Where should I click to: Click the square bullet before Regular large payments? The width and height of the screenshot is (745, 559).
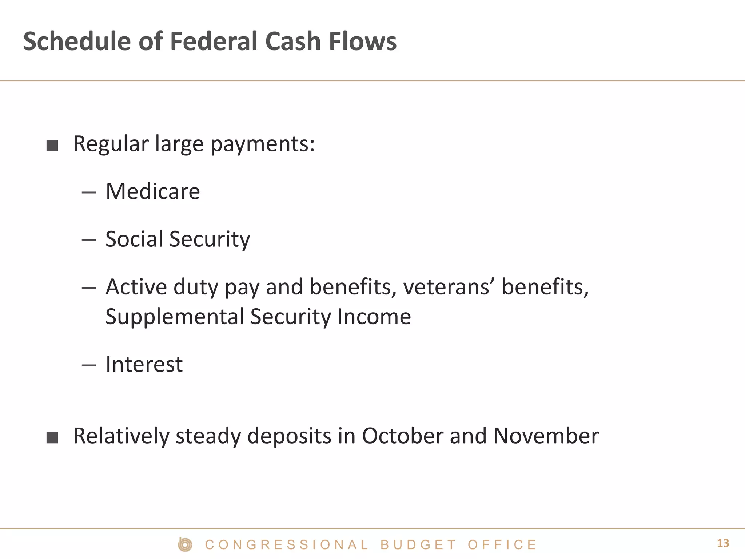pos(52,146)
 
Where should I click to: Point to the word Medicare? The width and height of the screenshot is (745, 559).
pos(153,191)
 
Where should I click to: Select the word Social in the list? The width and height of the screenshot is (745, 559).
pos(134,239)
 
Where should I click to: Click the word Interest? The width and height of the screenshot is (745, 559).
pos(144,364)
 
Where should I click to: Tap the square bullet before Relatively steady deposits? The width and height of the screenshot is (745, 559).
pos(52,438)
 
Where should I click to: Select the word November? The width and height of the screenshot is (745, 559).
pos(546,436)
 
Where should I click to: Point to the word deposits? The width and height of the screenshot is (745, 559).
pos(289,436)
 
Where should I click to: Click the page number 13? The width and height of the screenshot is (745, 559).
pos(723,543)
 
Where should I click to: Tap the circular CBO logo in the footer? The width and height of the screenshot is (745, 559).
pos(185,545)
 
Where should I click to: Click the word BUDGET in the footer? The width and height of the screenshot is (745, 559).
pos(418,545)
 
